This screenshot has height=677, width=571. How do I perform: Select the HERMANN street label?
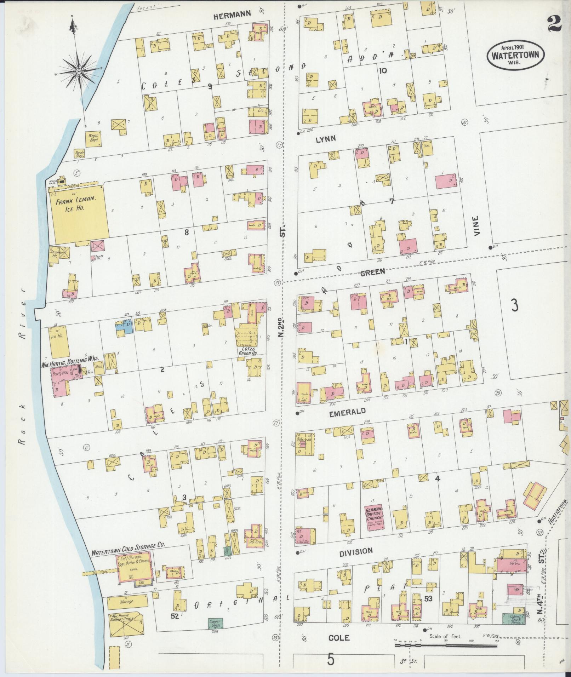(233, 14)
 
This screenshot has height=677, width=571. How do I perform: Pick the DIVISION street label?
(356, 551)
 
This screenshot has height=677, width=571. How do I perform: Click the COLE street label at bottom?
(339, 638)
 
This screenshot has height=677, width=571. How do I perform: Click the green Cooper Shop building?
(215, 623)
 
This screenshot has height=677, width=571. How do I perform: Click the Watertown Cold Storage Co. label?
(128, 553)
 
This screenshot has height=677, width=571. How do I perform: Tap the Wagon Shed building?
(93, 137)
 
